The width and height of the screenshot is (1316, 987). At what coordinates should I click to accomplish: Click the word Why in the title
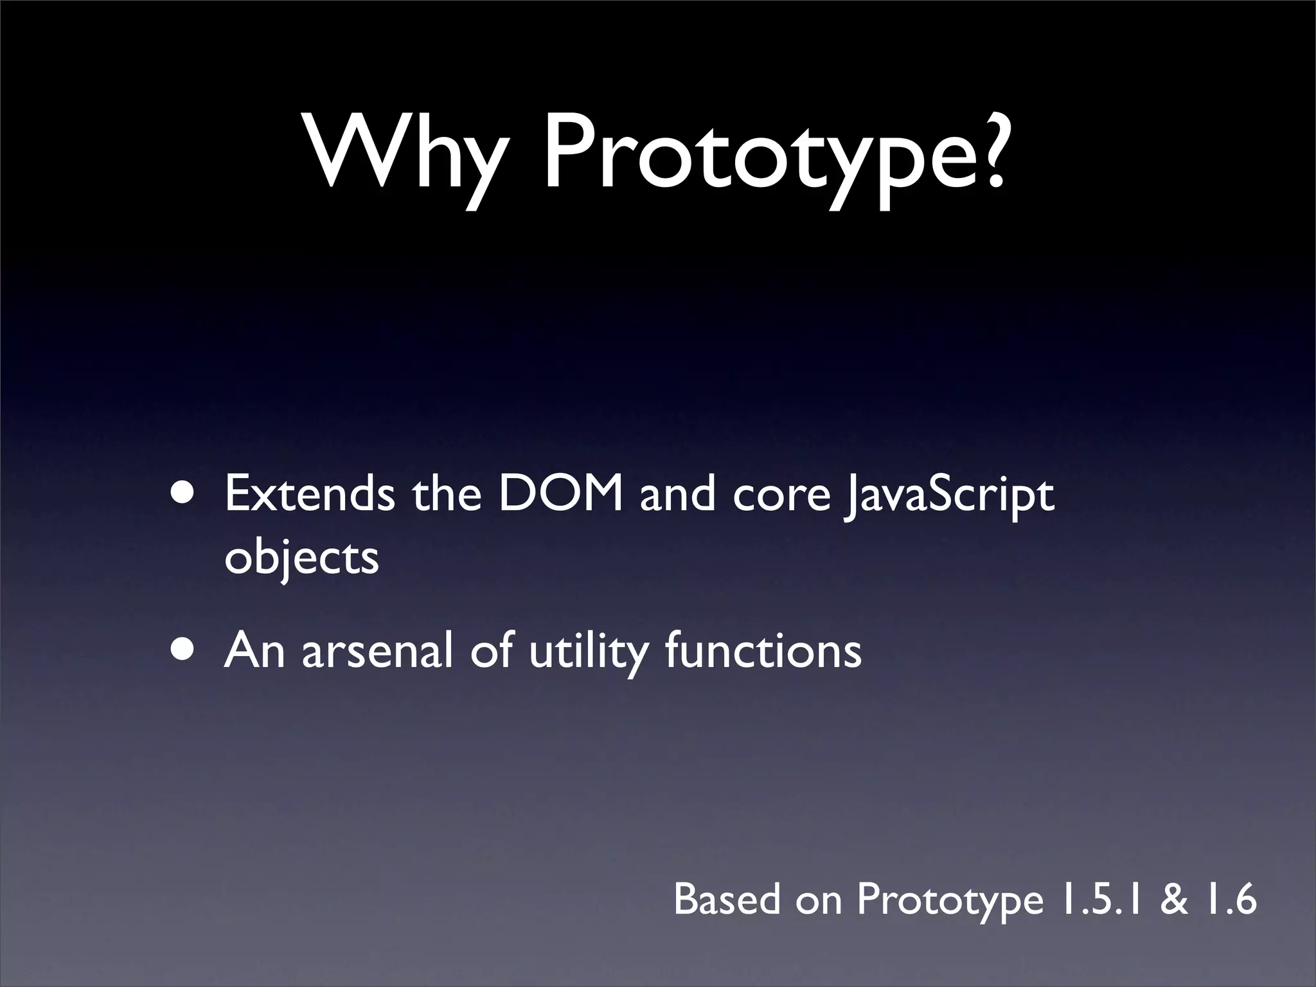point(404,154)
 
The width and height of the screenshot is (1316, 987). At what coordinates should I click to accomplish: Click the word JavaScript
point(948,496)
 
